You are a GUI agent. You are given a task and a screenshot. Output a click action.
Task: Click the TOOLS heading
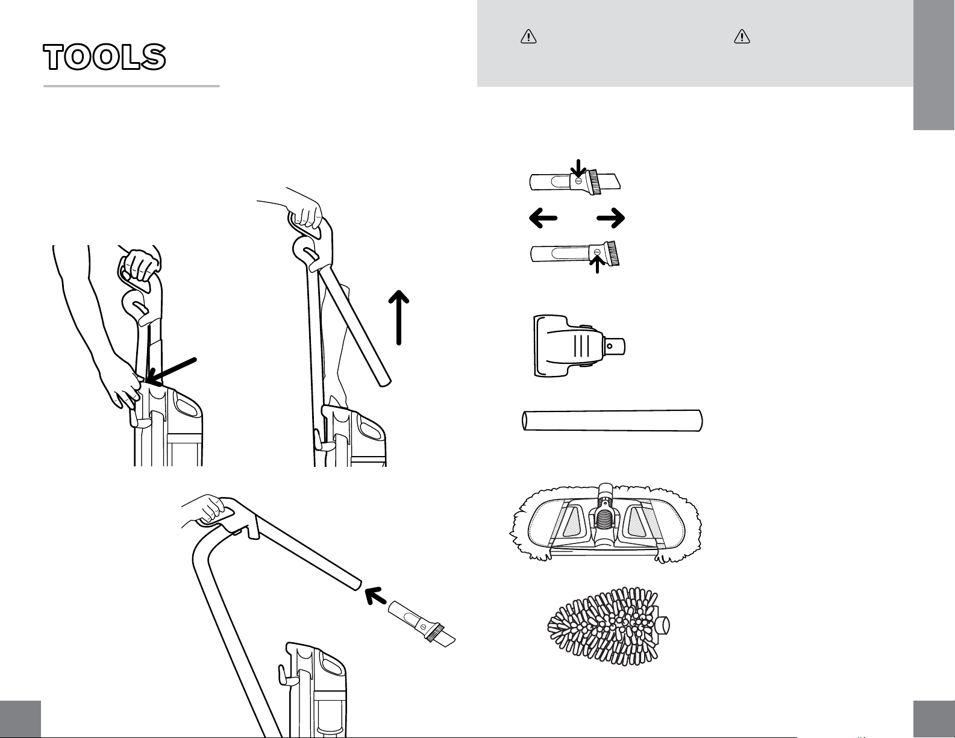click(x=104, y=57)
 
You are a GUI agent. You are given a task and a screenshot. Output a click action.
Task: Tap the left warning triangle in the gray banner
click(x=528, y=37)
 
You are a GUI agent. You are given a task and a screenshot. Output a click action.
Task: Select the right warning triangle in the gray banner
click(x=741, y=37)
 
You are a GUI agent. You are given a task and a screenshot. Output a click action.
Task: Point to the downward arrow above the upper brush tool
click(x=577, y=169)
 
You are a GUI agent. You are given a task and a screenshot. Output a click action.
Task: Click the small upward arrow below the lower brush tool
click(x=597, y=265)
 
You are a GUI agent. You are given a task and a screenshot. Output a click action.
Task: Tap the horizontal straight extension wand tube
click(x=612, y=421)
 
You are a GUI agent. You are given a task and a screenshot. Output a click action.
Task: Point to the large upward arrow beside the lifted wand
click(x=399, y=317)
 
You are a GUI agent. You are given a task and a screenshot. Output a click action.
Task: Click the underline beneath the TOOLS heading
click(x=131, y=86)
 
